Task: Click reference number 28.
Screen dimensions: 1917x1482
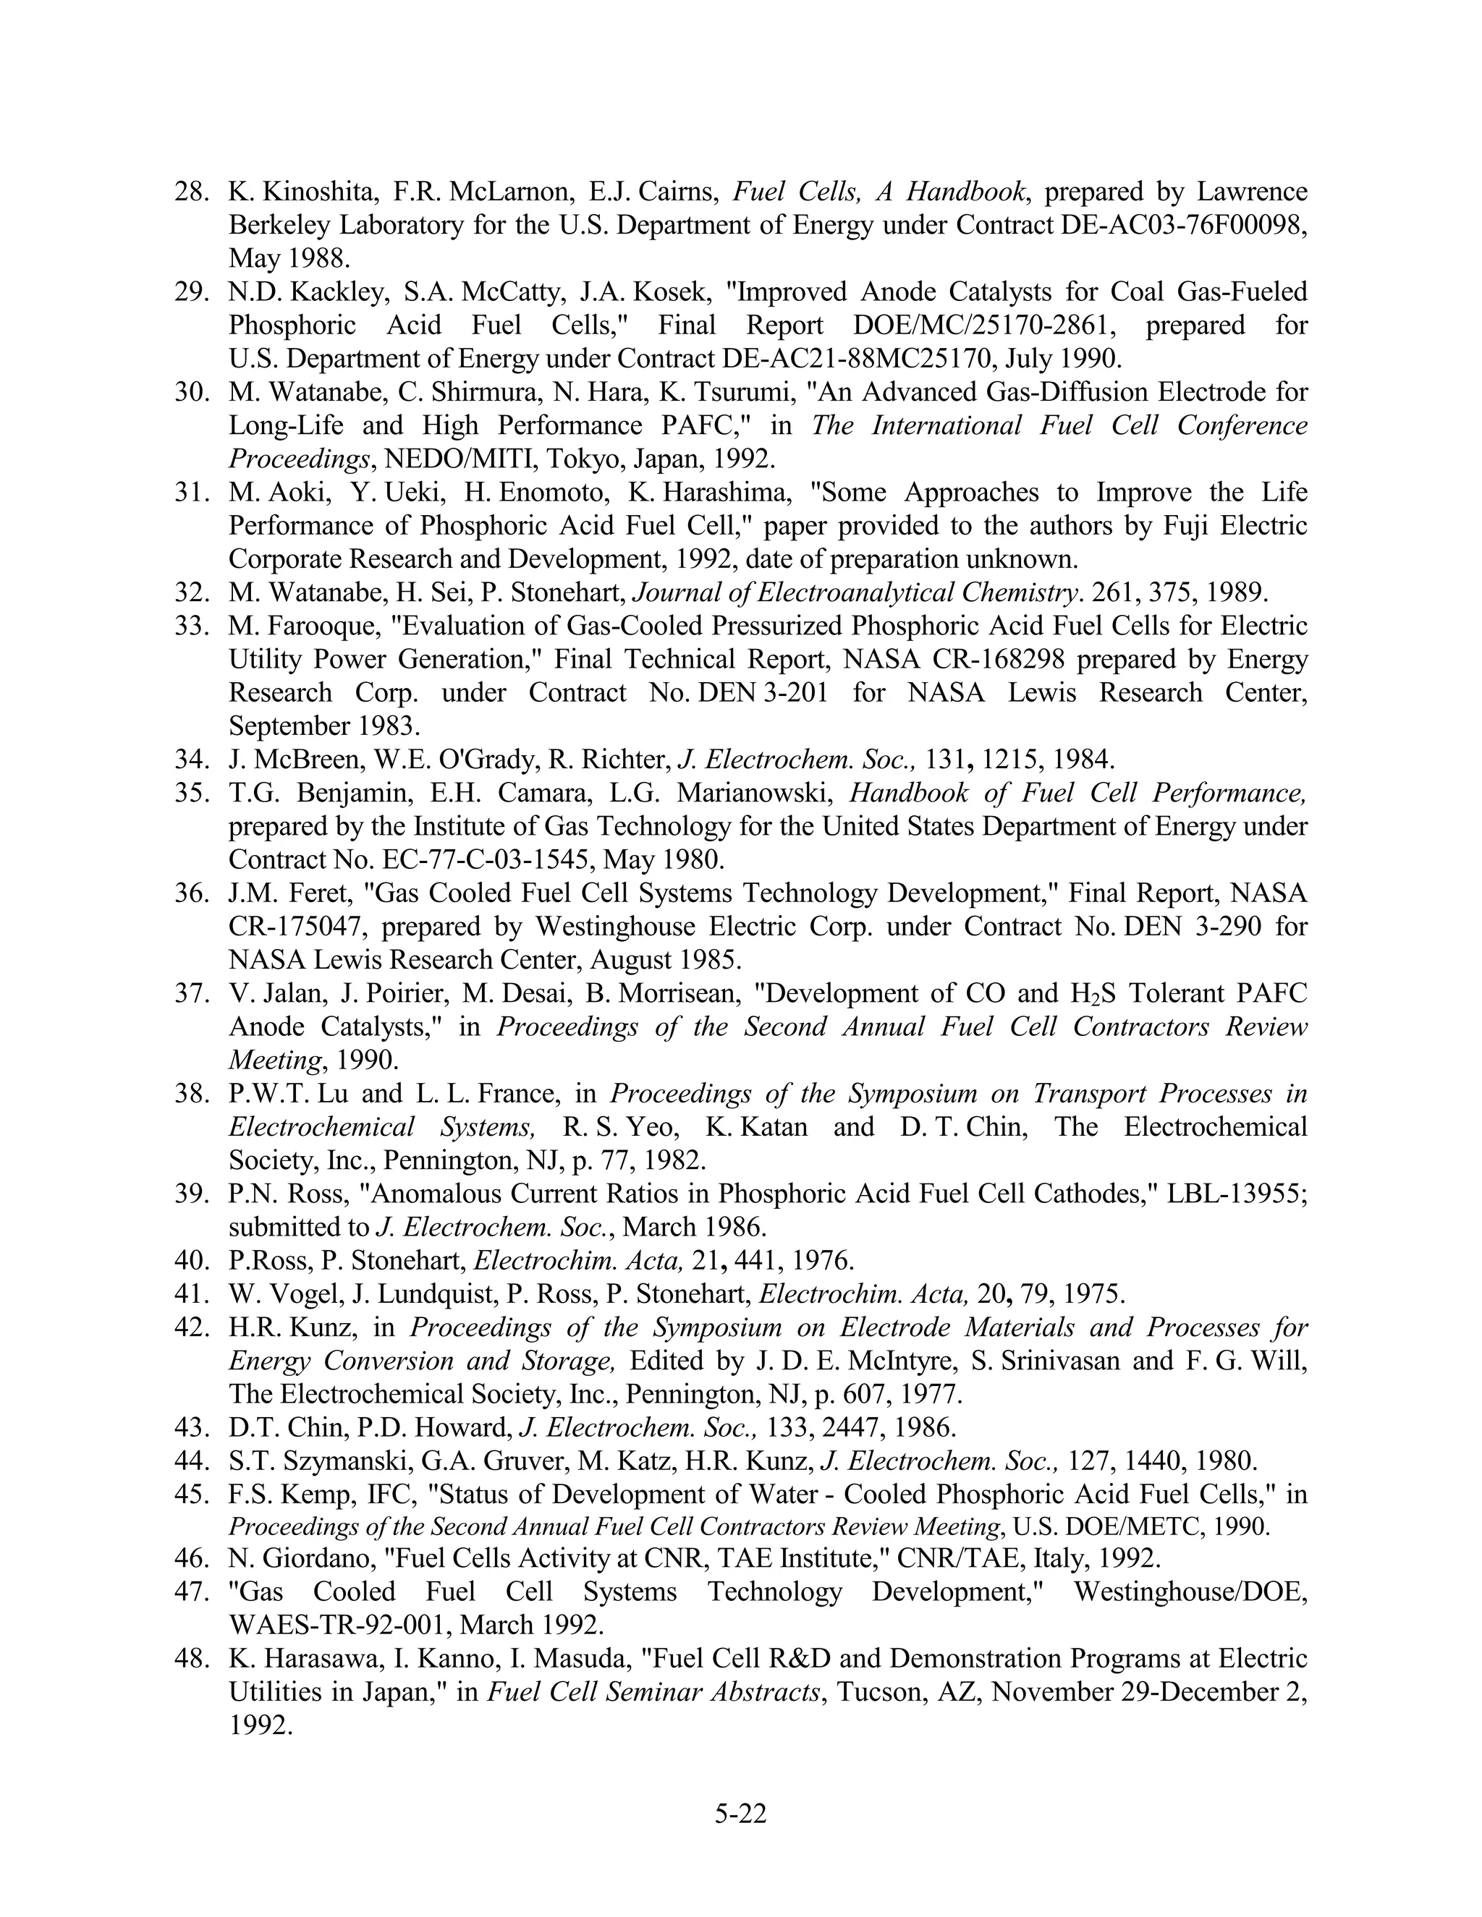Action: point(189,192)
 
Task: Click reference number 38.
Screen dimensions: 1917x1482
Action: point(189,1094)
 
